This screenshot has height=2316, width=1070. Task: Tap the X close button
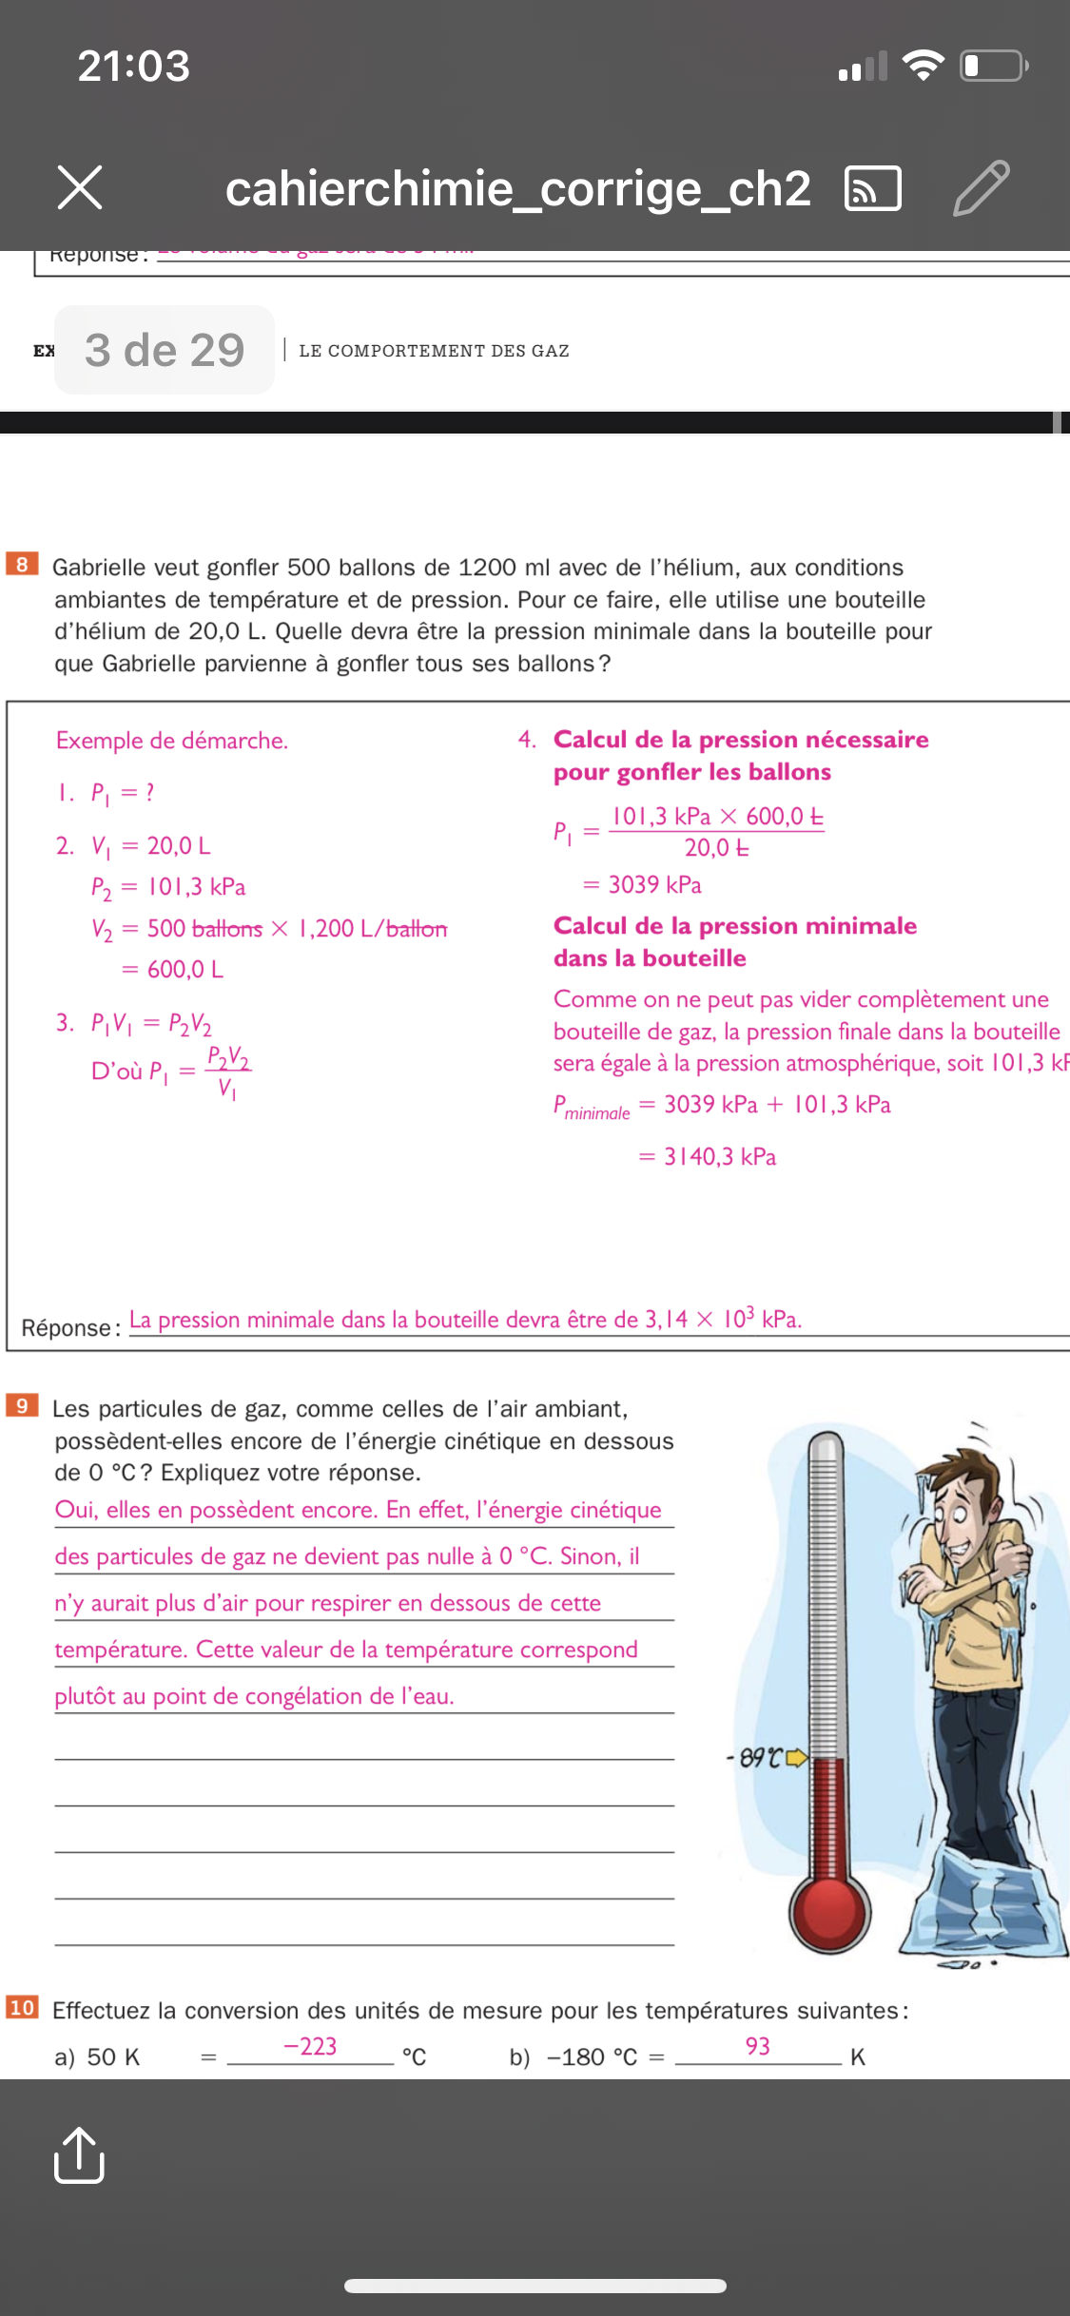[x=80, y=186]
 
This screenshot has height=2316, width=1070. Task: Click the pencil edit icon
[x=981, y=187]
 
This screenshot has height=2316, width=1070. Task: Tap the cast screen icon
[x=872, y=187]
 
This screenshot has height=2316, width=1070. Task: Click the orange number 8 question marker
[x=22, y=564]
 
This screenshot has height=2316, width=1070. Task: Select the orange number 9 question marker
[x=22, y=1405]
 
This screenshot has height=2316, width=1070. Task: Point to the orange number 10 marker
[x=22, y=2007]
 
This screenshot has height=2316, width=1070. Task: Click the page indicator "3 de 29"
[x=165, y=350]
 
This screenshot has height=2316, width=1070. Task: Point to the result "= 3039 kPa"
[x=643, y=885]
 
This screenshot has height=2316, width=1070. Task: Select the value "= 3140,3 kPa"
[x=708, y=1157]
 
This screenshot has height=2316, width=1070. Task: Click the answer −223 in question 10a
[x=310, y=2046]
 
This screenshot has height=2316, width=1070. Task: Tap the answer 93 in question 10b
[x=758, y=2046]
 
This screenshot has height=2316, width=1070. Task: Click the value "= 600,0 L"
[x=173, y=970]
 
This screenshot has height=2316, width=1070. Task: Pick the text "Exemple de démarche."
[x=172, y=741]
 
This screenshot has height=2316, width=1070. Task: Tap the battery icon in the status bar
[x=993, y=66]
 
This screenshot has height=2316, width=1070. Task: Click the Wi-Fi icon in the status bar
[x=922, y=66]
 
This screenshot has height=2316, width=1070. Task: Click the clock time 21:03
[x=134, y=66]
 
